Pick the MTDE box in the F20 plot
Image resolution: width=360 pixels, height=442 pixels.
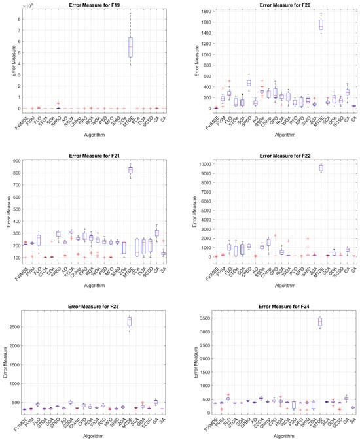coord(320,24)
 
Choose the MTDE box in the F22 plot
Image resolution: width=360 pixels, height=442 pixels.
coord(320,168)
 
